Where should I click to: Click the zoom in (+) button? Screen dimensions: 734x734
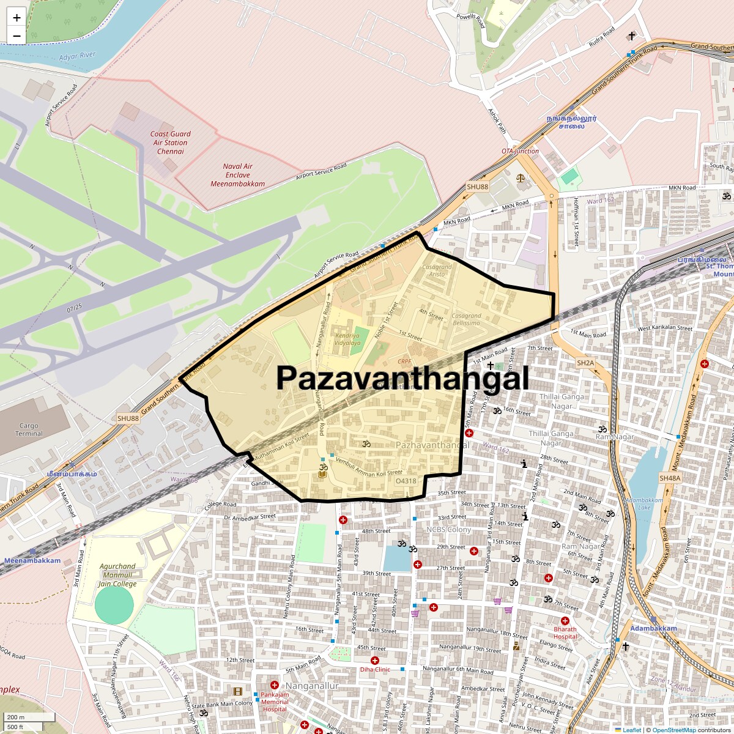[x=17, y=18]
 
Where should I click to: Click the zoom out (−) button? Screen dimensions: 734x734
[x=17, y=36]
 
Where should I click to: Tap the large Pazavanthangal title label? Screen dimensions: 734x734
[x=402, y=379]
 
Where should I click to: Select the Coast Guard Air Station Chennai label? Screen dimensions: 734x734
[x=171, y=143]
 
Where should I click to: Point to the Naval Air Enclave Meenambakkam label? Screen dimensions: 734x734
[x=238, y=175]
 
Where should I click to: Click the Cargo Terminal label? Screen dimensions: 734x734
[x=29, y=429]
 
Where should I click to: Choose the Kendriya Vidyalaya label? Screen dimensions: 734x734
[x=347, y=339]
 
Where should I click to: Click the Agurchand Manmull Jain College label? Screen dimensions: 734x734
[x=117, y=575]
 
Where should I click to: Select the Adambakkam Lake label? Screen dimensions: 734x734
[x=644, y=503]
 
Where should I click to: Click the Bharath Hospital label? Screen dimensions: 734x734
[x=565, y=632]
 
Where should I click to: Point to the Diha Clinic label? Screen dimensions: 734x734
[x=375, y=669]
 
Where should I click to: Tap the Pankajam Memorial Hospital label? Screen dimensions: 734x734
[x=275, y=702]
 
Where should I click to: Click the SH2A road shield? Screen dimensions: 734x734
[x=585, y=363]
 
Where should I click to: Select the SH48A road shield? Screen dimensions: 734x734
[x=670, y=478]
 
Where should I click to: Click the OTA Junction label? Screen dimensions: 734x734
[x=521, y=151]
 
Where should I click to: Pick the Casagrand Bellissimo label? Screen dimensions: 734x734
[x=466, y=319]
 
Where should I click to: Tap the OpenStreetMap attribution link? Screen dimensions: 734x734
[x=673, y=730]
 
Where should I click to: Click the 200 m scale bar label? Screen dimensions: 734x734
[x=16, y=717]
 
